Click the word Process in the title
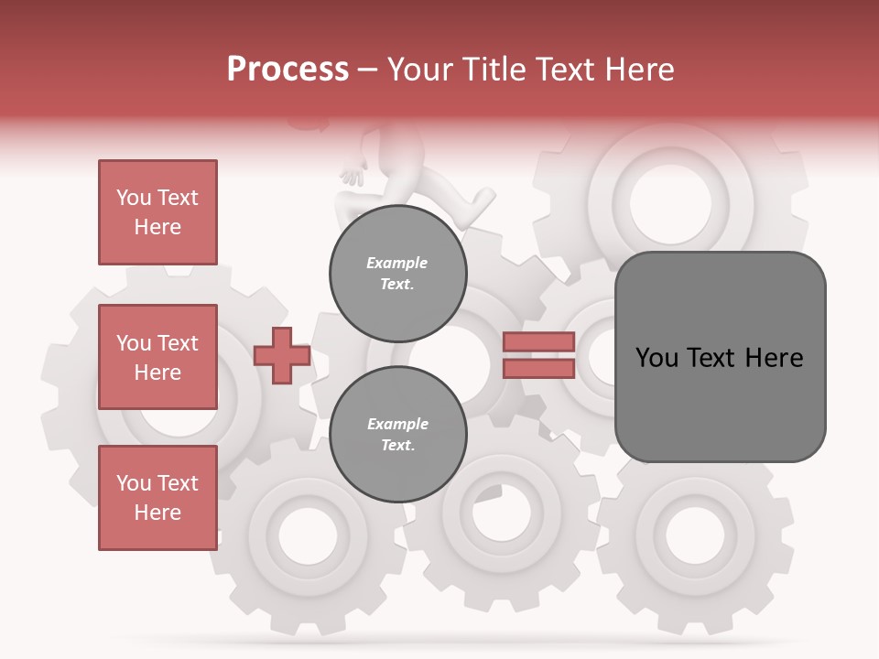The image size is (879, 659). tap(288, 70)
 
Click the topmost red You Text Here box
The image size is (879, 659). tap(157, 212)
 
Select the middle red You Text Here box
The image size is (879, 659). tap(157, 357)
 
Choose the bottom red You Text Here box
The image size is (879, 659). tap(157, 498)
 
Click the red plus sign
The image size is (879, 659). tap(282, 356)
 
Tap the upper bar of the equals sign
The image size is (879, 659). tap(538, 342)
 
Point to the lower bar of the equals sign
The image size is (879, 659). tap(538, 368)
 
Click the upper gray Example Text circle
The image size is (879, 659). tap(397, 273)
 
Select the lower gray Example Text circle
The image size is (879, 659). tap(397, 434)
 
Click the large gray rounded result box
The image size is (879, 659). tap(720, 357)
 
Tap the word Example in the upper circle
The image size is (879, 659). tap(397, 263)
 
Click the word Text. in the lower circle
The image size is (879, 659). tap(397, 445)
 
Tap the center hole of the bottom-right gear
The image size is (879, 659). tap(694, 533)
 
